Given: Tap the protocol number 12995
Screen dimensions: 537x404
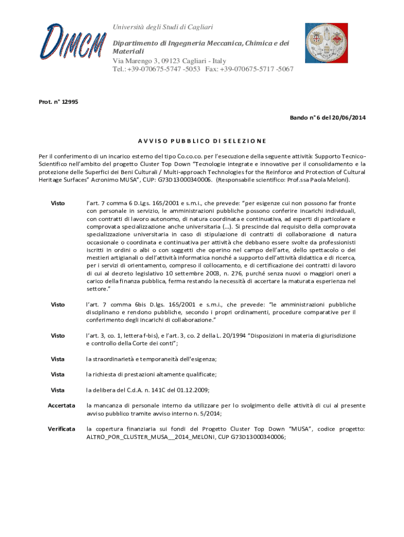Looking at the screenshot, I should pyautogui.click(x=70, y=102).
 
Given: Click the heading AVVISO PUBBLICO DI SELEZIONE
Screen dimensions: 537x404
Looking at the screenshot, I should pyautogui.click(x=202, y=141).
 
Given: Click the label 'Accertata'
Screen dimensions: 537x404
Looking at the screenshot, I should pyautogui.click(x=61, y=405).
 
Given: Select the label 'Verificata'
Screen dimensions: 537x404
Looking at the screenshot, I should pyautogui.click(x=61, y=429).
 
